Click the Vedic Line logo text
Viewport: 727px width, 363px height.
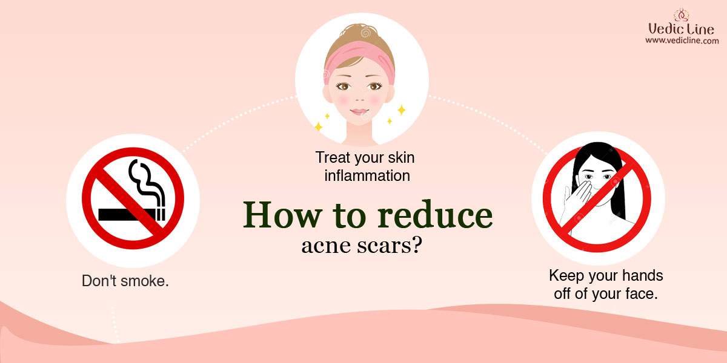pos(681,29)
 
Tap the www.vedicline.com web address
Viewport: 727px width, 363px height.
pos(682,41)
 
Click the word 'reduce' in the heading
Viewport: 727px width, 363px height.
pos(435,215)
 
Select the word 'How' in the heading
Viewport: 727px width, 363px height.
pos(282,215)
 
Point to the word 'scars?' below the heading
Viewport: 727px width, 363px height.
pos(390,246)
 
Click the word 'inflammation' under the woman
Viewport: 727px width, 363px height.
pos(367,176)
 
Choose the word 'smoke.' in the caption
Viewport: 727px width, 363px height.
pos(144,281)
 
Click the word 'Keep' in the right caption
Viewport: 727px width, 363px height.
pos(566,276)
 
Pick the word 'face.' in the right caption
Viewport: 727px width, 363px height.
pos(641,294)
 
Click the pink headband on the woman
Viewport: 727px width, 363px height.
pos(359,57)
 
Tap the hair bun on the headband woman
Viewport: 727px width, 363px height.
pos(360,33)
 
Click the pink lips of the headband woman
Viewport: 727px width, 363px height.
pos(359,112)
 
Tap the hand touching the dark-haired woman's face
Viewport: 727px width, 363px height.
pos(578,196)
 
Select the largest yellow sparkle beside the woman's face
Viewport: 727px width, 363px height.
pos(402,110)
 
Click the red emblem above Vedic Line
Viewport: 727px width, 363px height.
pos(681,15)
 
